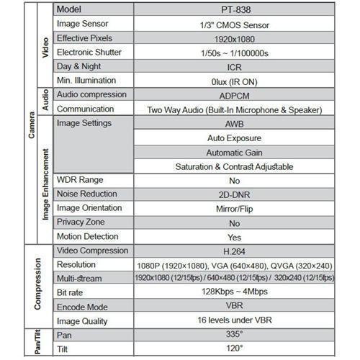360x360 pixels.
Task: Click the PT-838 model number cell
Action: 233,11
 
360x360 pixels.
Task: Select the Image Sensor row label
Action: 83,24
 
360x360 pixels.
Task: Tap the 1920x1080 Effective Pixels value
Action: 233,38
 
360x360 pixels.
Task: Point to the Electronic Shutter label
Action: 89,53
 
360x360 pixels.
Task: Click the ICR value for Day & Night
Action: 233,66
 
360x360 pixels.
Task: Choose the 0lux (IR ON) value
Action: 233,81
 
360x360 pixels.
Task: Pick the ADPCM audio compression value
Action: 233,95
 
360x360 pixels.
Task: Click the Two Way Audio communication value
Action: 233,109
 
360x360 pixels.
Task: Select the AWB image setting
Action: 233,124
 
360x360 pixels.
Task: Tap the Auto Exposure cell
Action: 233,138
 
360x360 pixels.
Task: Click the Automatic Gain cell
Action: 233,152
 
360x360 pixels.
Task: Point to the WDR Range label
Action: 80,180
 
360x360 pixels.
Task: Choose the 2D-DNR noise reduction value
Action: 233,194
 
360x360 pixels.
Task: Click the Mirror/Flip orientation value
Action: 233,209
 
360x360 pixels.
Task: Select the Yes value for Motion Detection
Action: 233,236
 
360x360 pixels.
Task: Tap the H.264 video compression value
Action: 233,251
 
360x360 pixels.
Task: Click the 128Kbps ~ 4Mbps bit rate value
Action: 233,292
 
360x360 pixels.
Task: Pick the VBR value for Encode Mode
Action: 233,307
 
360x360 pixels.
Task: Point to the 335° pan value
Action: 233,336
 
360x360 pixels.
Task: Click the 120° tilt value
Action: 233,349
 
